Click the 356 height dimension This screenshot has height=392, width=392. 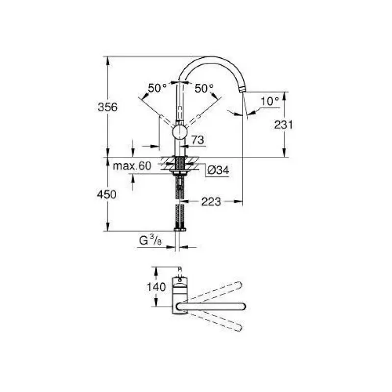click(x=107, y=107)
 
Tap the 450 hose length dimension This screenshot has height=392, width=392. click(x=107, y=194)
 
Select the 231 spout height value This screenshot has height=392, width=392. click(x=283, y=125)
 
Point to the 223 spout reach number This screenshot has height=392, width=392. click(x=211, y=202)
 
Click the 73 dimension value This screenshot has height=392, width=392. click(x=198, y=140)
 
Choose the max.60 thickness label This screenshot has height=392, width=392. click(x=132, y=166)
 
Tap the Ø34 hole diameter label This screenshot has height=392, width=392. click(x=218, y=170)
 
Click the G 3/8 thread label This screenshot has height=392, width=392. click(x=150, y=240)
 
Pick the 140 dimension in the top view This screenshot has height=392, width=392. click(x=156, y=287)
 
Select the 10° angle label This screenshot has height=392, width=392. click(x=270, y=101)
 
